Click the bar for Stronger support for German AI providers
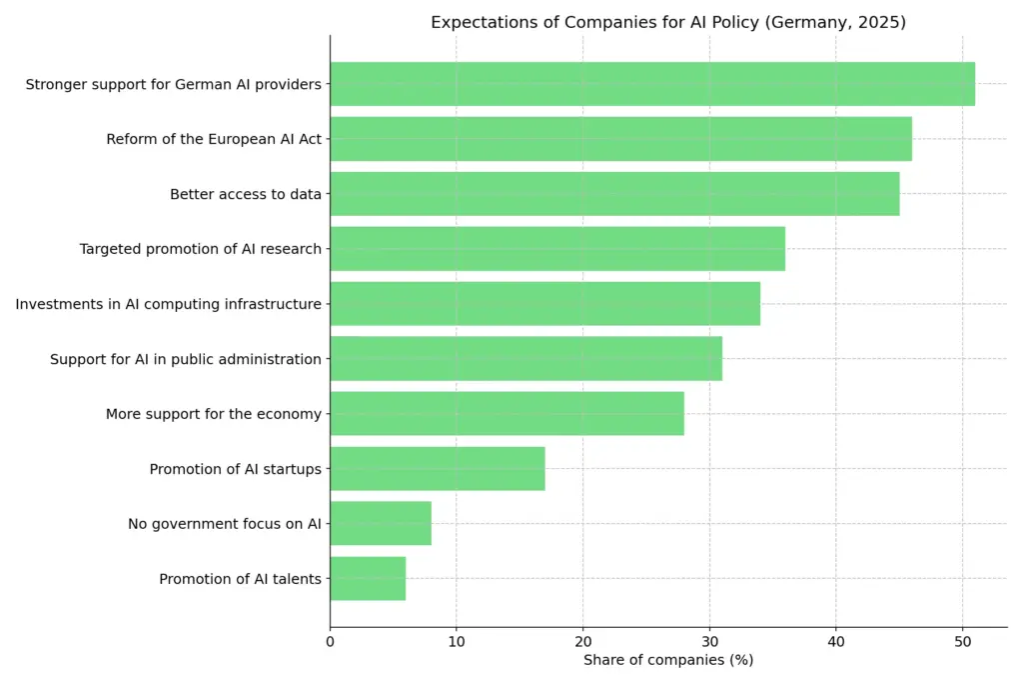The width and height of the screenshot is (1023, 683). coord(651,84)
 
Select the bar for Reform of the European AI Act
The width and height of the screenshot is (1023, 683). coord(620,139)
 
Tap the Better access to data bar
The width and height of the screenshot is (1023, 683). coord(614,194)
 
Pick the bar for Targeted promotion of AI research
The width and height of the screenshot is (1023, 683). coord(557,249)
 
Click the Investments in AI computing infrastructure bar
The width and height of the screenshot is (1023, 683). coord(544,304)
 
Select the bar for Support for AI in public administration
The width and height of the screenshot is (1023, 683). coord(525,359)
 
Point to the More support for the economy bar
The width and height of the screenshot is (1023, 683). coord(507,414)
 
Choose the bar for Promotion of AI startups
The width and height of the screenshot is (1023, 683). coord(438,469)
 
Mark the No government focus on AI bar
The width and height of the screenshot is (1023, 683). coord(381,523)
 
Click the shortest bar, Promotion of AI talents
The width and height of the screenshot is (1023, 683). coord(368,578)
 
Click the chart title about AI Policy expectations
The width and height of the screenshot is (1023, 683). coord(667,22)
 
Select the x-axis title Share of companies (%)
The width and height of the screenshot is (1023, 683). coord(667,660)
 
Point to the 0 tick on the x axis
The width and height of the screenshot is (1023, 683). coord(330,641)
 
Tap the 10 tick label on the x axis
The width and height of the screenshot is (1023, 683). coord(457,641)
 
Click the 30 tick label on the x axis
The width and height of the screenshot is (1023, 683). coord(709,641)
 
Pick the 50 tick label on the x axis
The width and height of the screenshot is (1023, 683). coord(962,641)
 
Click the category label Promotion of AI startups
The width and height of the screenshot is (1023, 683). coord(235,469)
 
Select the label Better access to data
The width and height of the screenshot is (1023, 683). coord(245,194)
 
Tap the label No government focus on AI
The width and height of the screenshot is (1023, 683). coord(224,523)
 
